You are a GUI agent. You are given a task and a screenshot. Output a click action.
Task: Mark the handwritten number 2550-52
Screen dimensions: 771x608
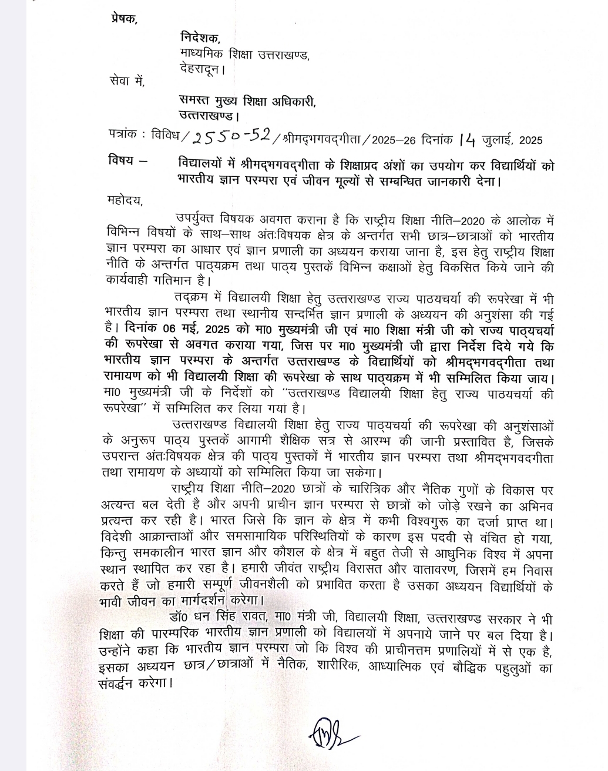(231, 138)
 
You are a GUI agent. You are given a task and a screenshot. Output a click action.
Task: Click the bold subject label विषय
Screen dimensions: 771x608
(122, 160)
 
